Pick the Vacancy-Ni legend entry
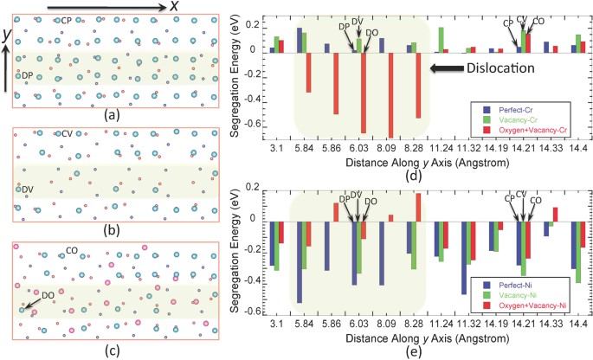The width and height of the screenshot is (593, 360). [523, 295]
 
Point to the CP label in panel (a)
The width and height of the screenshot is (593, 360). [64, 20]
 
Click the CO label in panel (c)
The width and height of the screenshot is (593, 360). [74, 251]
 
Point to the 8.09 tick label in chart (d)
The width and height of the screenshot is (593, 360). [384, 148]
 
